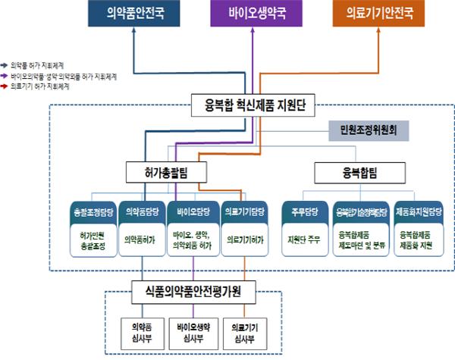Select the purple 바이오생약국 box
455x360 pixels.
[x=255, y=15]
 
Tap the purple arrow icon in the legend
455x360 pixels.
[x=6, y=77]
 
